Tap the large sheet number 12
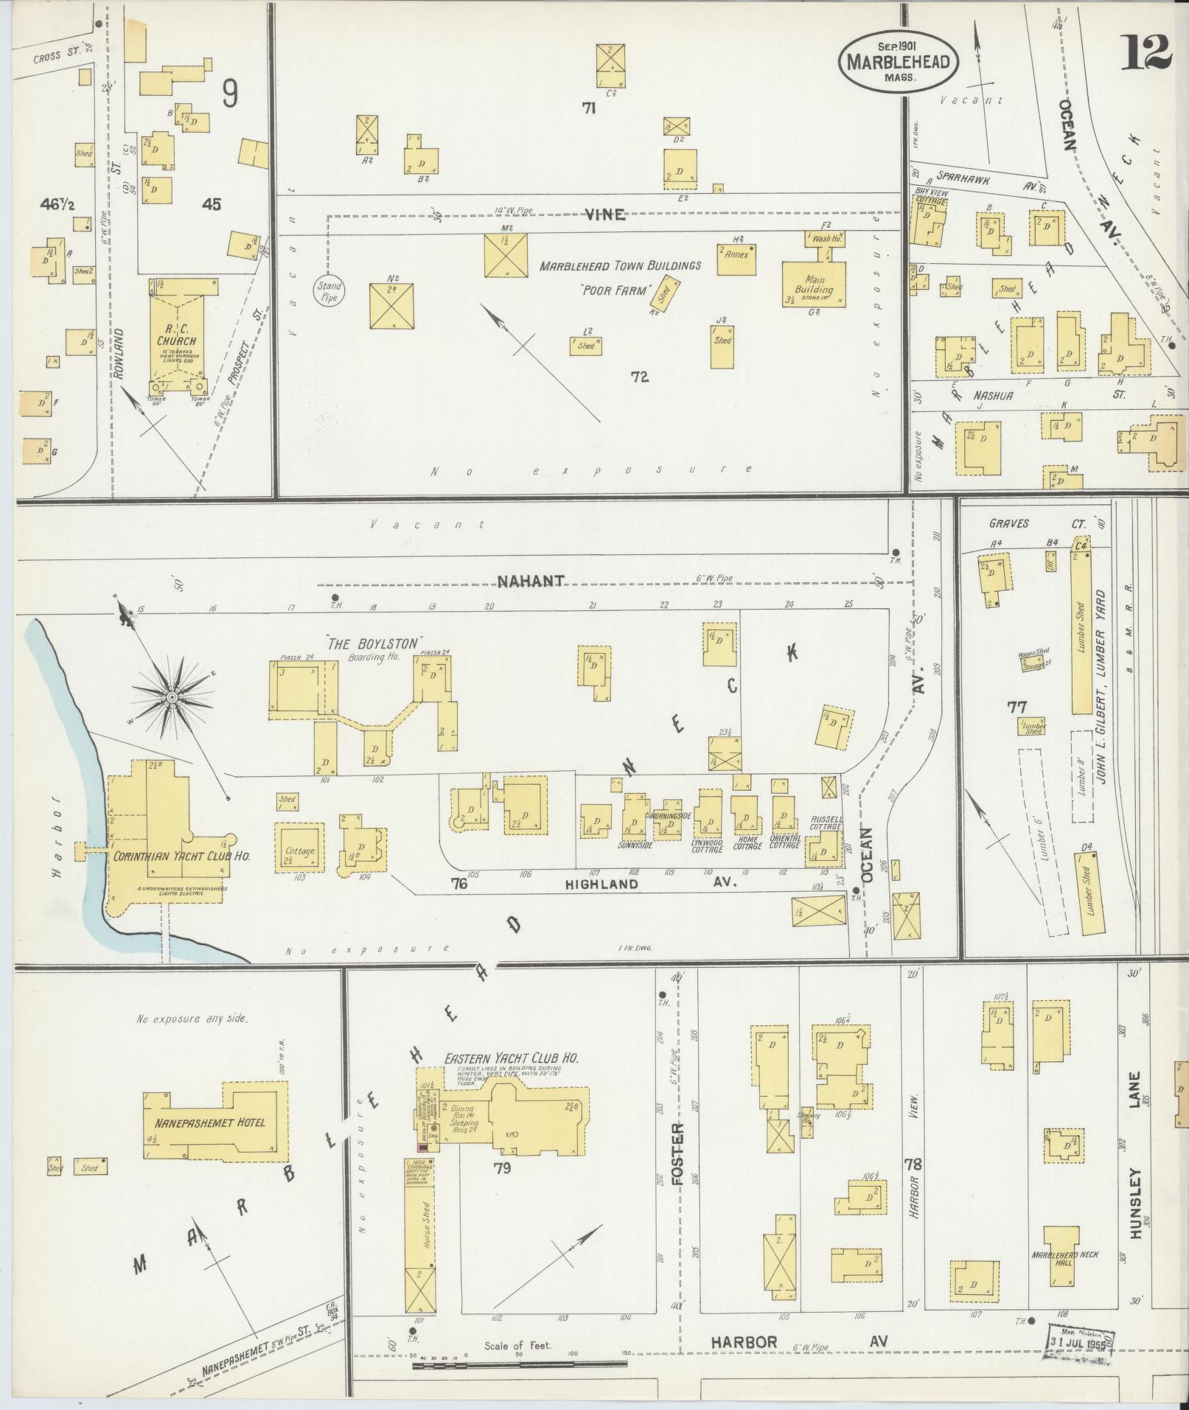click(1147, 52)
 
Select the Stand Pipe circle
click(329, 292)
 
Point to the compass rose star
click(172, 697)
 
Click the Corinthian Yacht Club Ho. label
click(181, 856)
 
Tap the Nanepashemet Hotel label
click(210, 1123)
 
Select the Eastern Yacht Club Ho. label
click(511, 1058)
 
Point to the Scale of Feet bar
click(516, 1366)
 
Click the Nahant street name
click(531, 581)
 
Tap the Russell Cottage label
click(826, 823)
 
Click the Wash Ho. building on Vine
click(823, 239)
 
